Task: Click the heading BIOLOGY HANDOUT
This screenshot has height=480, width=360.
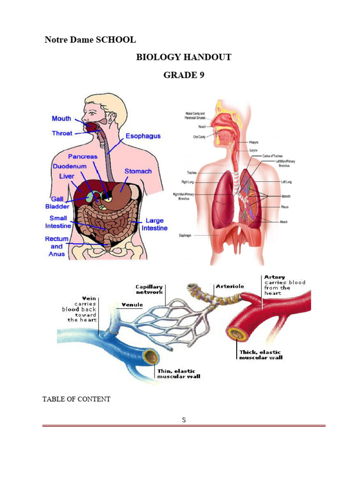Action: coord(183,57)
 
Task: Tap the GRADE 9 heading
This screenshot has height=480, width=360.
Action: coord(183,75)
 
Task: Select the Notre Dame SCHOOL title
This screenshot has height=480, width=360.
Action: coord(90,40)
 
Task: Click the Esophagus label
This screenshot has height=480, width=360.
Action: coord(143,136)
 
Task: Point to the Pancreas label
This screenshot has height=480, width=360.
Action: coord(82,156)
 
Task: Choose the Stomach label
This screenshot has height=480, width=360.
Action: coord(138,171)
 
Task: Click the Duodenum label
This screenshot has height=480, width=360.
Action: coord(69,166)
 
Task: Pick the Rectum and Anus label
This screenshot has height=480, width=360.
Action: coord(57,246)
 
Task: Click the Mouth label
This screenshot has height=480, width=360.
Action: coord(61,119)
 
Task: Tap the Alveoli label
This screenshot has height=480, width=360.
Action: coord(284,221)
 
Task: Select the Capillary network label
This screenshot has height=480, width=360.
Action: coord(149,289)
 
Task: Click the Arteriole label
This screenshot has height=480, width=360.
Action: coord(230,286)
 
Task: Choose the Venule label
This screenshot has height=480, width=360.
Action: coord(132,305)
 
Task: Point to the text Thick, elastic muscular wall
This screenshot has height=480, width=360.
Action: coord(261,354)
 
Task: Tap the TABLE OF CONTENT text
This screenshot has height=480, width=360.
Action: coord(76,399)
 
